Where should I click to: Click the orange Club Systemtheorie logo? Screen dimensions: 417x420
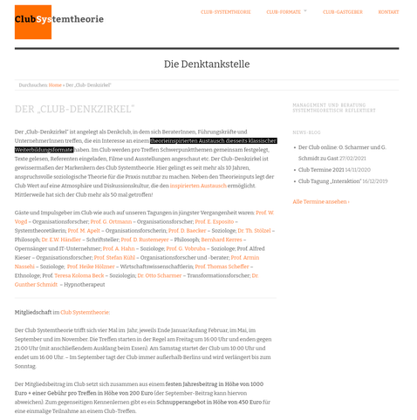[x=32, y=21]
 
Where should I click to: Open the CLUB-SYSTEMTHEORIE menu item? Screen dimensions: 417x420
[x=225, y=12]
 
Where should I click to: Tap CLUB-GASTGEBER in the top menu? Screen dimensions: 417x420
[x=342, y=12]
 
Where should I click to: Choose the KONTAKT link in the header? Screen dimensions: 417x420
[x=388, y=12]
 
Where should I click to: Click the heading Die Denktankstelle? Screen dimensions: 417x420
[x=207, y=64]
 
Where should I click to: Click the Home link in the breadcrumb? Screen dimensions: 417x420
[x=55, y=85]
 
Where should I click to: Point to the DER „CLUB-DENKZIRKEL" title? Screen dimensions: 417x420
[x=74, y=109]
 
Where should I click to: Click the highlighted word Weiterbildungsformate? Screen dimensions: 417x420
[x=44, y=150]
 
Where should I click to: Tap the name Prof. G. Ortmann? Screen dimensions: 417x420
[x=112, y=221]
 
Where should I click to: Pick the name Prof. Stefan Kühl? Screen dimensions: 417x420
[x=113, y=258]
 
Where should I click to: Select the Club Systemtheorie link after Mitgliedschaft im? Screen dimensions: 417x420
[x=85, y=311]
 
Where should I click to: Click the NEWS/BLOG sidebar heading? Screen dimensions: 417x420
[x=306, y=132]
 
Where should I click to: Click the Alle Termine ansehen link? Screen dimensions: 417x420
[x=320, y=201]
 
